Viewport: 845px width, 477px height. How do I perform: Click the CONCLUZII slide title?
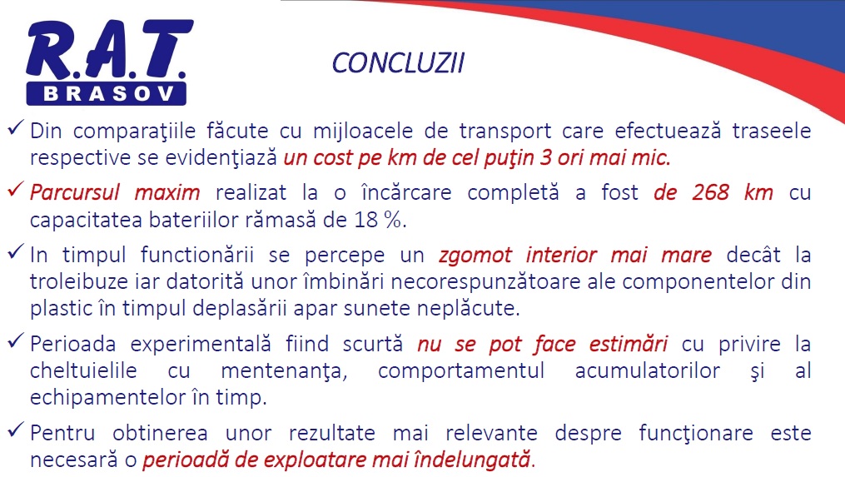click(398, 63)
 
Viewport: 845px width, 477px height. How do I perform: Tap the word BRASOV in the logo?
click(108, 94)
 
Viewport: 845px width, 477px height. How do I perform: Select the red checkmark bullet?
click(16, 190)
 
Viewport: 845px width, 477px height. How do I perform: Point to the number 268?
click(710, 192)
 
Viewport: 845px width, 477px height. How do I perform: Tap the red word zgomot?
click(475, 255)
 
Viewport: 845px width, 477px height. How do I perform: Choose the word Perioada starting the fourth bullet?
click(72, 344)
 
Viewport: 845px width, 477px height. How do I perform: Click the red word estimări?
click(629, 344)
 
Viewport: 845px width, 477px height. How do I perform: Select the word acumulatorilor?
click(647, 370)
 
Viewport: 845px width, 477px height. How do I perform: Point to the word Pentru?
click(62, 433)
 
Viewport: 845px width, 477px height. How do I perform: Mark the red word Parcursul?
click(74, 192)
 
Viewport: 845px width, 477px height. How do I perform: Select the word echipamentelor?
click(107, 398)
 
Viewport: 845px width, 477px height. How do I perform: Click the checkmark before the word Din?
click(16, 127)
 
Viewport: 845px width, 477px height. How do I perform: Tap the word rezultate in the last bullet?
click(332, 433)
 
